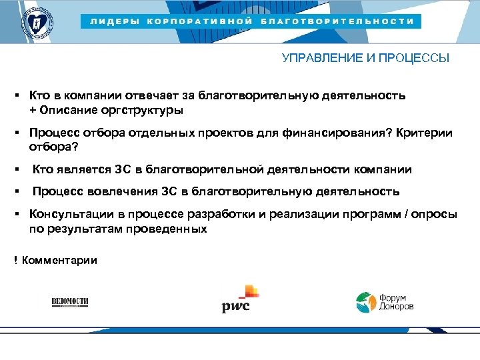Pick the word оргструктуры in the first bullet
click(145, 109)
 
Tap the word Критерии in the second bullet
click(424, 133)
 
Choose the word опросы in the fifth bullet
click(439, 215)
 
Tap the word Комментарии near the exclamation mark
click(59, 260)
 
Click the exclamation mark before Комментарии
click(15, 260)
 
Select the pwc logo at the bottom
click(239, 299)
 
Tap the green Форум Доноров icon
click(365, 302)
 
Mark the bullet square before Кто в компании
click(15, 95)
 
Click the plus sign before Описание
click(33, 109)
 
